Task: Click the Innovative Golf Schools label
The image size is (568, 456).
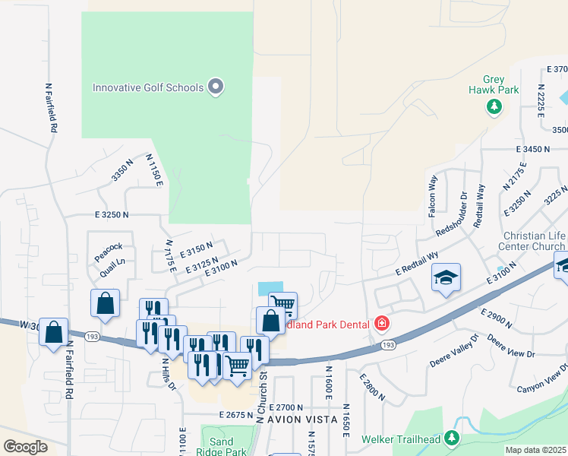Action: tap(148, 87)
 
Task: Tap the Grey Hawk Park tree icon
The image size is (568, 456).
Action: tap(495, 106)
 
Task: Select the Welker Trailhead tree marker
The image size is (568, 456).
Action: tap(452, 438)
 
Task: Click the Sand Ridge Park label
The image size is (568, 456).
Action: tap(226, 446)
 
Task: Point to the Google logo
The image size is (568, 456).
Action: tap(25, 447)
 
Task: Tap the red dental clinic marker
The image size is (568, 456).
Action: tap(382, 325)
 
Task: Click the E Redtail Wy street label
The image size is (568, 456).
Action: tap(418, 265)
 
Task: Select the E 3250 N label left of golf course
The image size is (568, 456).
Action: tap(112, 216)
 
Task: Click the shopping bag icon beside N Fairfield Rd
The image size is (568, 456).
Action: tap(53, 333)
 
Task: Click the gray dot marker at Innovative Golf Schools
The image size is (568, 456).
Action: tap(216, 87)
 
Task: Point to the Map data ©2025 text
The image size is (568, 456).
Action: tap(535, 450)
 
